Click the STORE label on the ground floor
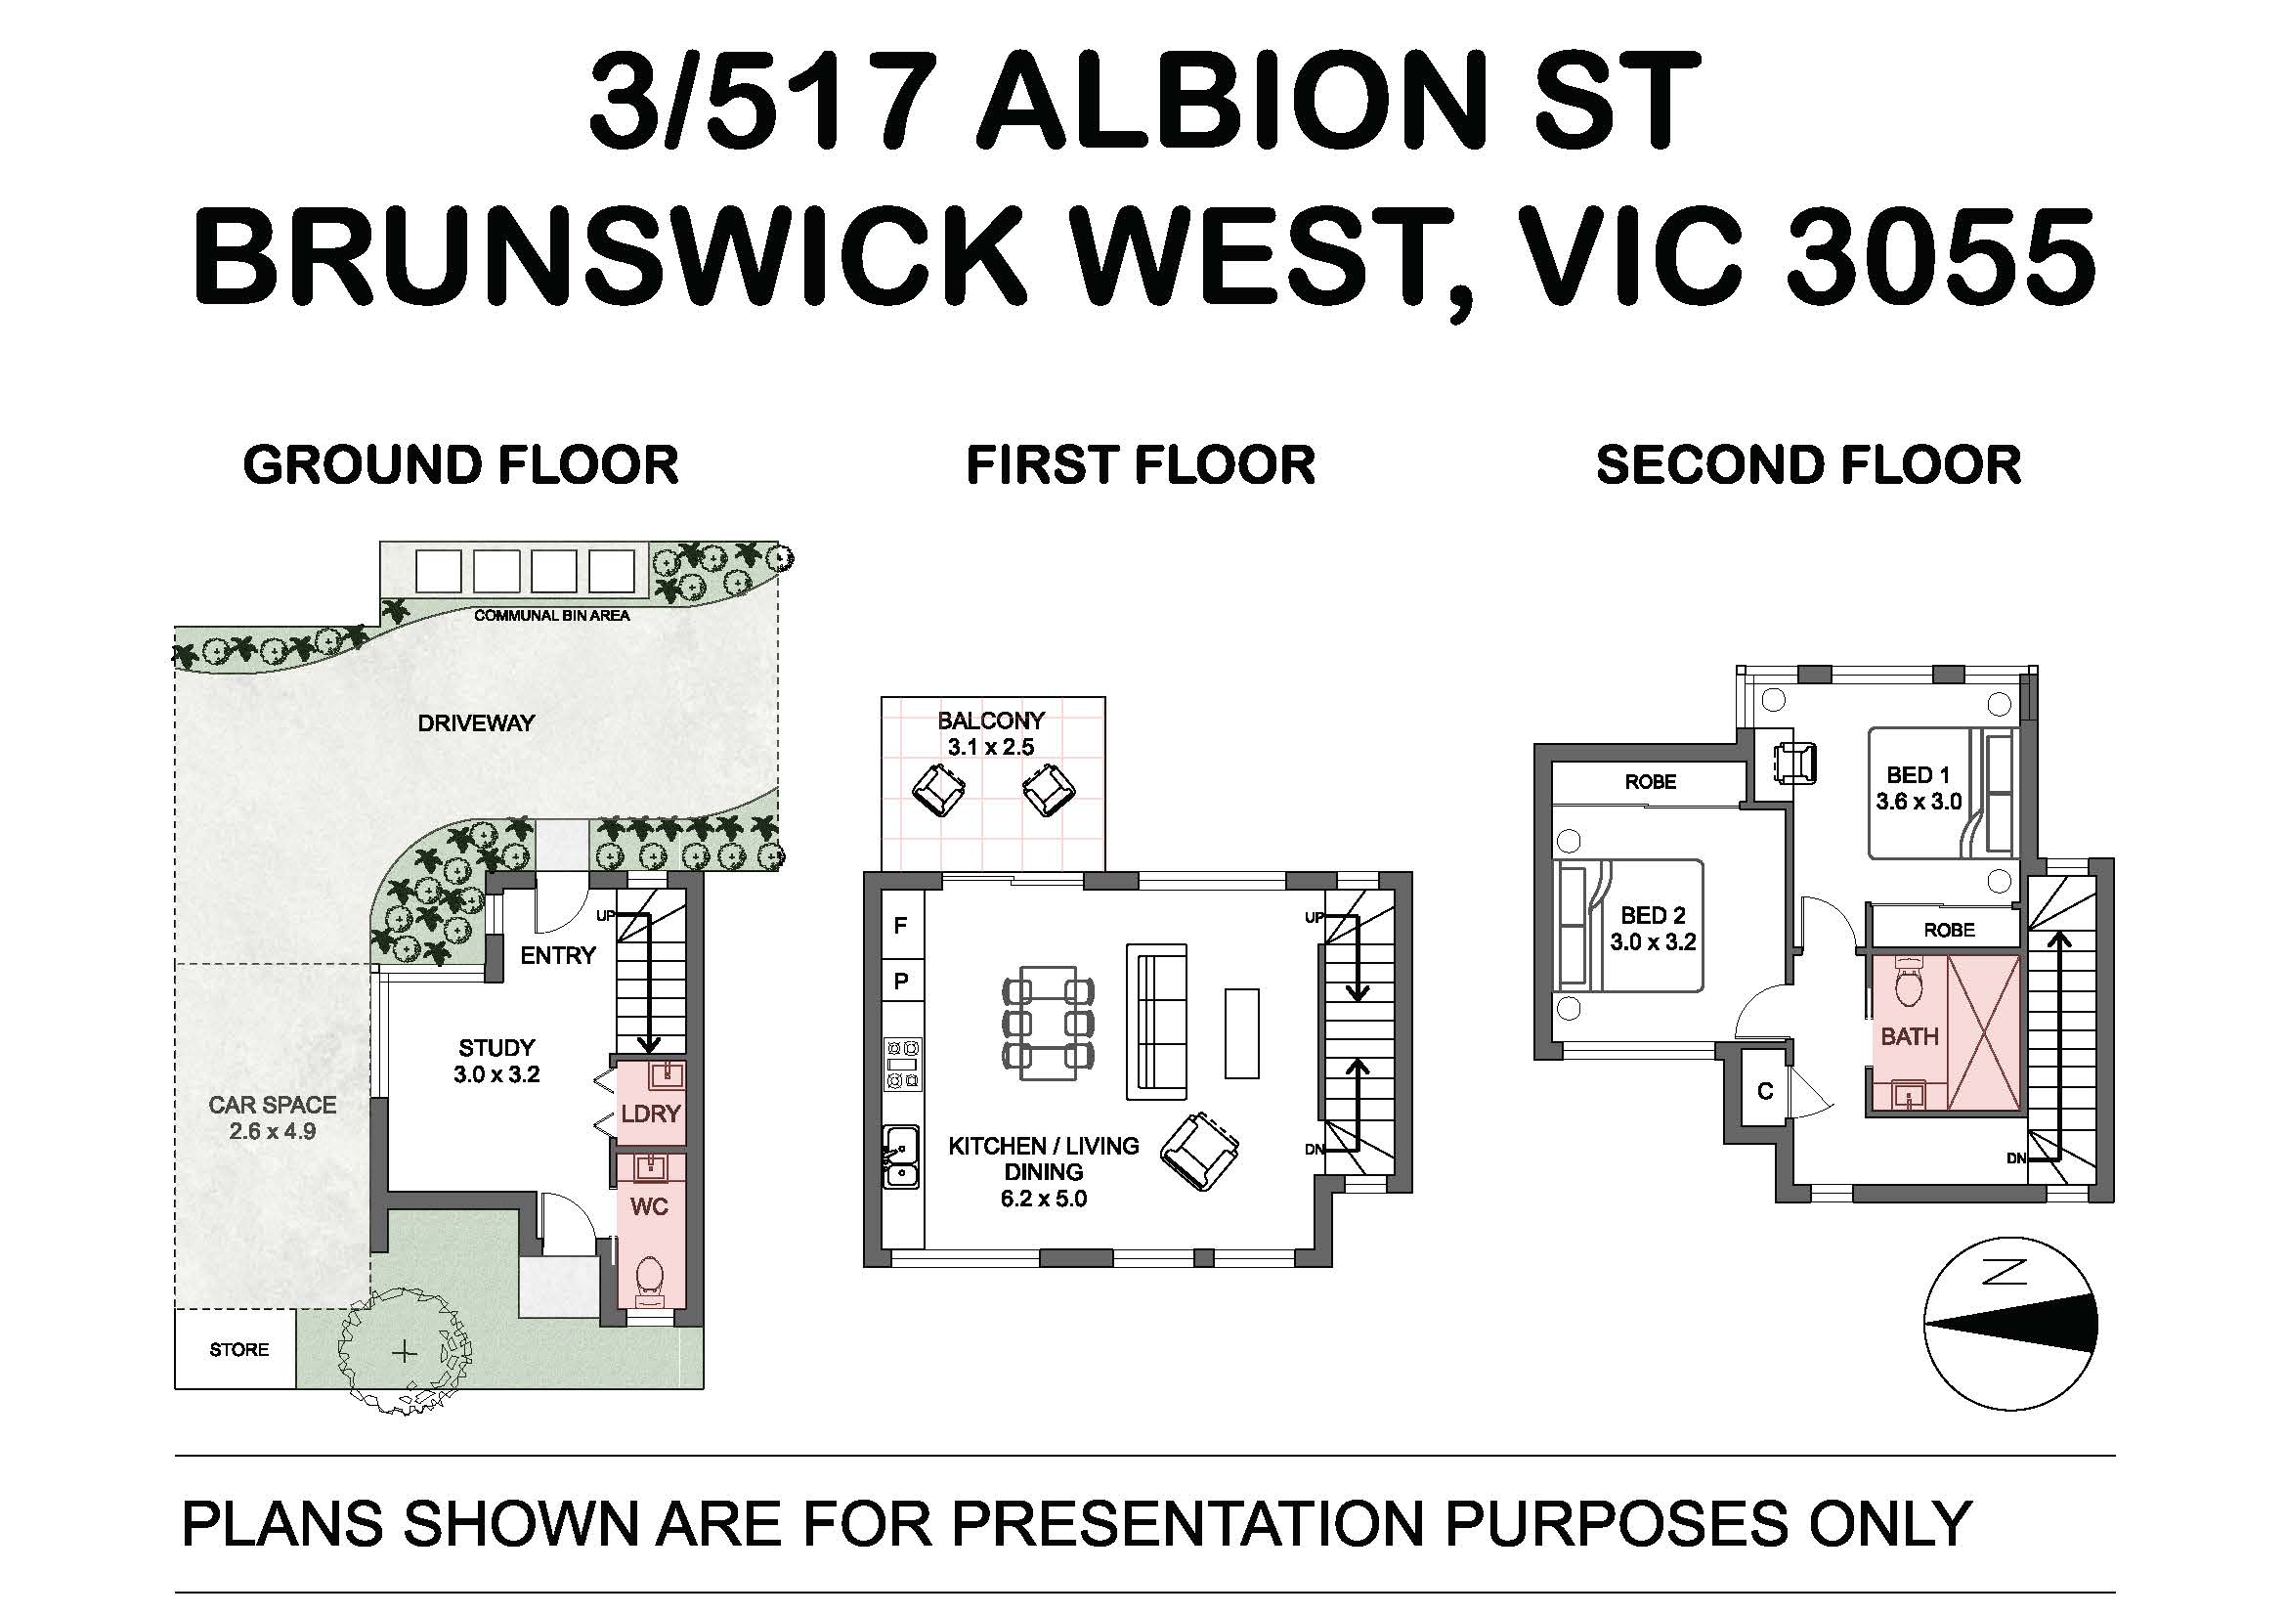click(x=238, y=1349)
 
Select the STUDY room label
click(x=496, y=1047)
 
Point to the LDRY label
click(x=650, y=1114)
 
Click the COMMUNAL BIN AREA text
click(x=551, y=615)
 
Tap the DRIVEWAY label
click(x=476, y=722)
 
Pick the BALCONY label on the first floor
click(x=991, y=720)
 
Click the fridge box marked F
click(x=902, y=926)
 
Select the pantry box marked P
click(x=902, y=981)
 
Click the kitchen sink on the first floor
click(x=902, y=1156)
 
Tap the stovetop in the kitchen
click(x=902, y=1065)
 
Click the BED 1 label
click(x=1918, y=774)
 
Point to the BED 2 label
click(x=1653, y=915)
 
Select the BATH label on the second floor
click(x=1910, y=1036)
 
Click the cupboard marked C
click(x=1765, y=1091)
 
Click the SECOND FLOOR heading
click(x=1809, y=465)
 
